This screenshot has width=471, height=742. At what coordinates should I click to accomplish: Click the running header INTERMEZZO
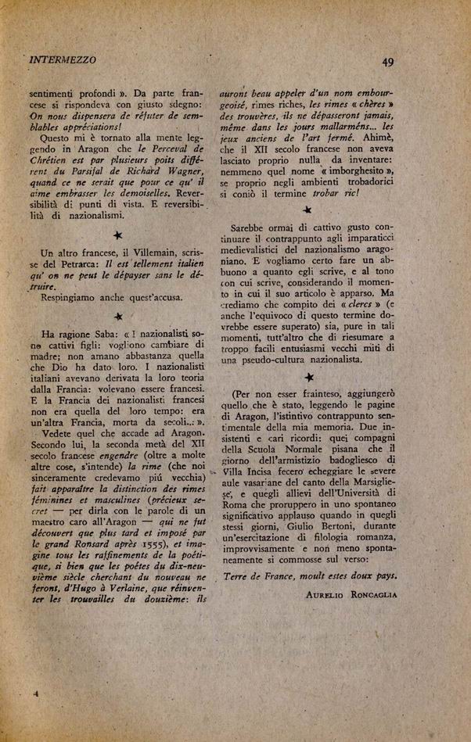[62, 59]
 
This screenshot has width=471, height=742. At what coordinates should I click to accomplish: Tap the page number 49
[387, 63]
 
